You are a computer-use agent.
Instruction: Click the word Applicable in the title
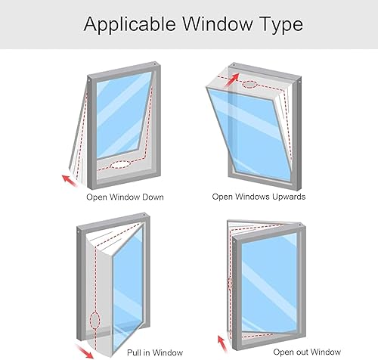(x=129, y=24)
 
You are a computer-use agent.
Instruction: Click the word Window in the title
(x=217, y=23)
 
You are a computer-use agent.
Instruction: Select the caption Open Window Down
(x=125, y=197)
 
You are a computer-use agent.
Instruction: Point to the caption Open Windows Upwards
(x=259, y=197)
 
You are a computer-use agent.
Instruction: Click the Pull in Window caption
(x=155, y=352)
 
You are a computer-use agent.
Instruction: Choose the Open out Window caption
(x=307, y=352)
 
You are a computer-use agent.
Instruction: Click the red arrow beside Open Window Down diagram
(x=70, y=181)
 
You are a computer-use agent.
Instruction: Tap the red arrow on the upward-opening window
(x=231, y=80)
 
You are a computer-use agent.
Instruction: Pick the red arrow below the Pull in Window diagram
(x=85, y=351)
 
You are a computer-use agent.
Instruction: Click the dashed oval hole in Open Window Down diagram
(x=121, y=165)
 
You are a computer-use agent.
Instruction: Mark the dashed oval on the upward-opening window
(x=249, y=85)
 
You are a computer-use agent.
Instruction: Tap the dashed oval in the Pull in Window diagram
(x=94, y=320)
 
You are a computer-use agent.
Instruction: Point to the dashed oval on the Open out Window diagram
(x=230, y=284)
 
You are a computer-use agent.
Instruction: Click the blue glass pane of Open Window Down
(x=122, y=115)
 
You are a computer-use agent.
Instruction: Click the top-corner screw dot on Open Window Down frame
(x=154, y=64)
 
